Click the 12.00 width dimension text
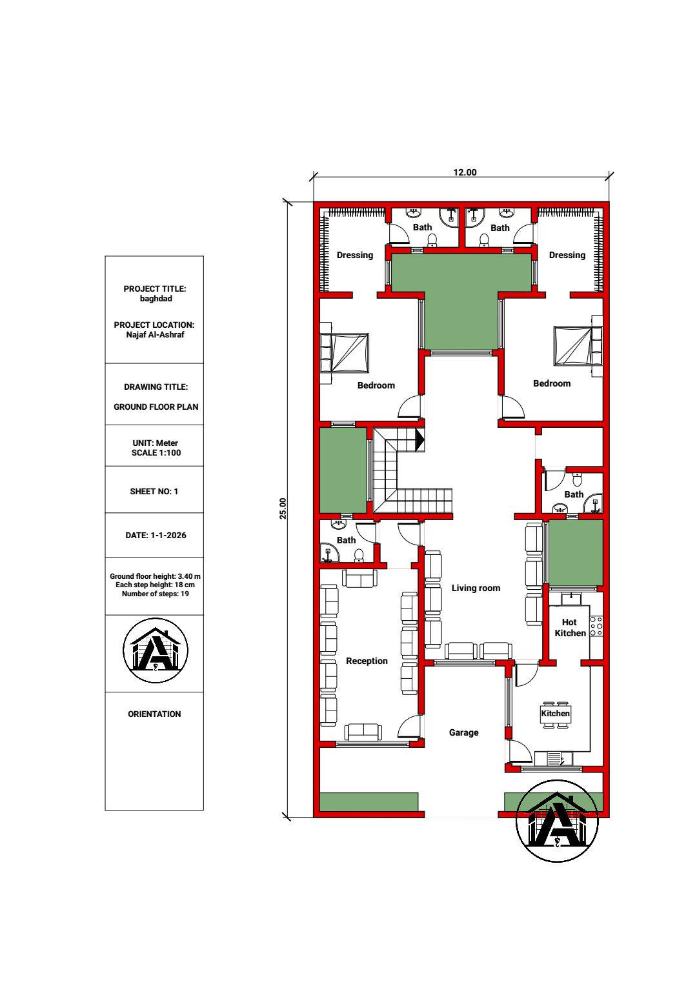click(x=465, y=172)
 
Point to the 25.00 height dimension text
click(x=283, y=508)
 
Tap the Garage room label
click(x=463, y=732)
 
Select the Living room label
click(x=476, y=588)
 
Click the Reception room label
click(x=367, y=661)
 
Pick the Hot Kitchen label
click(x=570, y=628)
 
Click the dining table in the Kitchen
click(x=556, y=713)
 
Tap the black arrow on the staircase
click(x=420, y=439)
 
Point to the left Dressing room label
click(x=355, y=256)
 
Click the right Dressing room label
click(x=567, y=256)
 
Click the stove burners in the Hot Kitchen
click(x=596, y=626)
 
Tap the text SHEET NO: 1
click(x=154, y=491)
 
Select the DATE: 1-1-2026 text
click(x=156, y=535)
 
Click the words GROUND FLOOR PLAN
click(x=156, y=407)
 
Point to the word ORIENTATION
click(x=154, y=714)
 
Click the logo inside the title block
click(x=156, y=650)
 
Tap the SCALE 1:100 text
click(x=156, y=452)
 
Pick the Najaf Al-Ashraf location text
click(x=155, y=334)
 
